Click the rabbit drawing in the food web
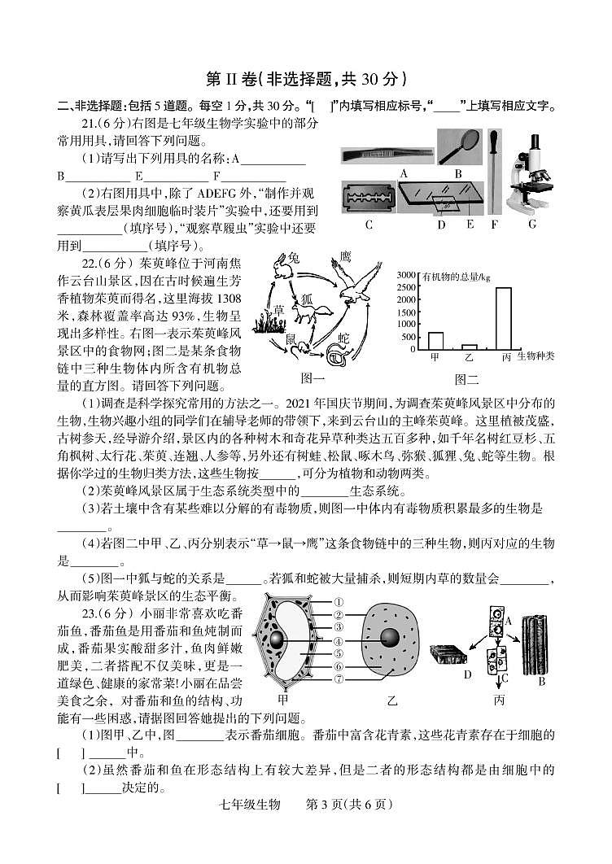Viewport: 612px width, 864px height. [283, 264]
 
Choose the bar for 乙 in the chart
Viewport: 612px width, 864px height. [469, 347]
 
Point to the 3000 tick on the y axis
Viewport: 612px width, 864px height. [406, 276]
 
